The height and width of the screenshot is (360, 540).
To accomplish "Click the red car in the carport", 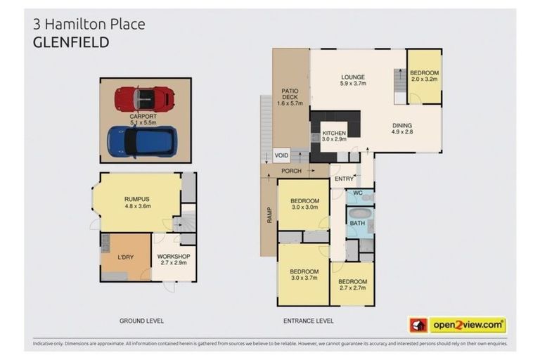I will [x=144, y=99].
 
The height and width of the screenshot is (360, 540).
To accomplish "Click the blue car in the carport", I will [x=141, y=141].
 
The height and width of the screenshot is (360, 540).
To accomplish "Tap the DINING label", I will [x=402, y=127].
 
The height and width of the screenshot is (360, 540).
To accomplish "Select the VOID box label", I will [x=282, y=155].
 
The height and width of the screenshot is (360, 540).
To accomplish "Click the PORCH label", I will [x=291, y=171].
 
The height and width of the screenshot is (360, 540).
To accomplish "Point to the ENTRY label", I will [x=344, y=179].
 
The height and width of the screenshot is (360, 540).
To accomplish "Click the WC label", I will [x=357, y=193].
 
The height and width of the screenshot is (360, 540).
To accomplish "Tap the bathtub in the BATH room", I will [x=359, y=214].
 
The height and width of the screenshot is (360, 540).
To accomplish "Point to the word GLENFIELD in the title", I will [x=71, y=42].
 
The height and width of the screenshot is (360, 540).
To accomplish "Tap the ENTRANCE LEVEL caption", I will [x=309, y=321].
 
